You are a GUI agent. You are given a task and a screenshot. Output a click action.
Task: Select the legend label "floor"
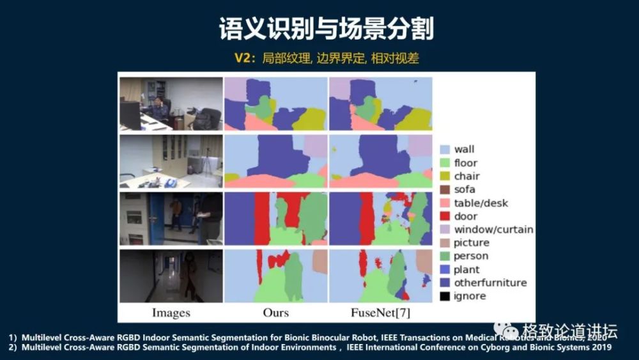465,162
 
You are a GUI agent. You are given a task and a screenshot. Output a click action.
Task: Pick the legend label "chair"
466,176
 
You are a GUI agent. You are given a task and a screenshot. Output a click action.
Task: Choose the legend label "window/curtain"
493,230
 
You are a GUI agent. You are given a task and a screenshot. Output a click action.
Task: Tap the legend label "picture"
472,243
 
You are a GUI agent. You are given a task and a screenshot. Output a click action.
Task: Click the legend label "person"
472,256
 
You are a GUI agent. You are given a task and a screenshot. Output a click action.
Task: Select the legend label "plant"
467,270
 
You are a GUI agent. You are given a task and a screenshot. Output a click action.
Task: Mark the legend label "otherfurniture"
490,283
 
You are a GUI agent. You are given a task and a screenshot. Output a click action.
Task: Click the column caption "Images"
171,313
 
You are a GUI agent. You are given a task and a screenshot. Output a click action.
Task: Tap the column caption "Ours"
275,313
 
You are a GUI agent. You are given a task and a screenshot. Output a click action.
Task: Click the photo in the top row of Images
171,104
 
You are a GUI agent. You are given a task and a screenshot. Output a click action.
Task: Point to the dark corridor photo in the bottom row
171,276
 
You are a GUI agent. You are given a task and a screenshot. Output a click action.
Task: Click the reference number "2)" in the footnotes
13,347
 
